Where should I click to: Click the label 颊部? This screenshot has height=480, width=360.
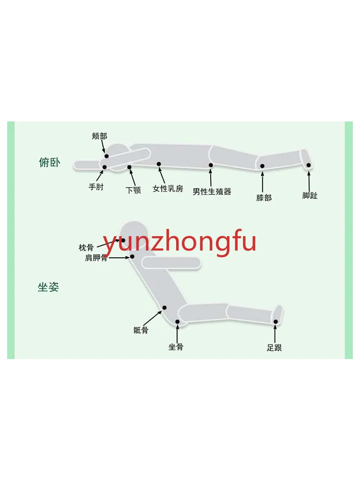click(x=99, y=136)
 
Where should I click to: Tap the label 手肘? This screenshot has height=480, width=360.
click(x=96, y=187)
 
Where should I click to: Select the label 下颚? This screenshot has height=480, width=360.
click(x=133, y=190)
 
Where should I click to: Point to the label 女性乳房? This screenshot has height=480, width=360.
click(x=168, y=189)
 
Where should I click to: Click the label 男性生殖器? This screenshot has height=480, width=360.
click(x=212, y=192)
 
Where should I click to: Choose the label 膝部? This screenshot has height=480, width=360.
click(x=264, y=197)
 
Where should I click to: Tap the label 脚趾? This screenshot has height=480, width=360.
click(x=310, y=195)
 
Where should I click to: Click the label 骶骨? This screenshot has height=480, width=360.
click(x=141, y=330)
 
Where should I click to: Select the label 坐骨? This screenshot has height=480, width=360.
click(x=176, y=347)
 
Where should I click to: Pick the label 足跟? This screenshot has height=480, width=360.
click(x=275, y=348)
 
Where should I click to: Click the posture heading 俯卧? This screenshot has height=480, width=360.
click(x=49, y=162)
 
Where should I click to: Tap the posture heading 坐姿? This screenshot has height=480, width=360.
click(x=48, y=288)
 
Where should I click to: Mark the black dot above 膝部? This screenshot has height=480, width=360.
click(x=263, y=166)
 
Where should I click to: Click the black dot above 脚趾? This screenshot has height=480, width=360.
click(x=309, y=165)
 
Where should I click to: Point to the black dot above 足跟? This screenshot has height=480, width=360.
click(x=276, y=322)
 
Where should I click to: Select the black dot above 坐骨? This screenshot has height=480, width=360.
click(x=177, y=322)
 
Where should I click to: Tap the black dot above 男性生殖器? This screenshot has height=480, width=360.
click(x=211, y=165)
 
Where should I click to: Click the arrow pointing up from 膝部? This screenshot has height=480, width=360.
click(x=263, y=182)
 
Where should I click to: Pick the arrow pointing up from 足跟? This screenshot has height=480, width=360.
click(x=275, y=334)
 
